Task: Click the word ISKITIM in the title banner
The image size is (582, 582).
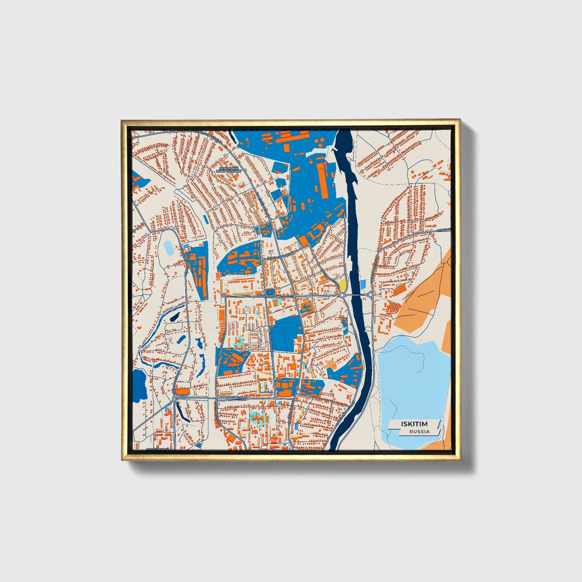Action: pyautogui.click(x=414, y=424)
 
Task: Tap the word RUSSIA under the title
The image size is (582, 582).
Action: pyautogui.click(x=419, y=431)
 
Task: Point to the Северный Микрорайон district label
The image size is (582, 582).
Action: pyautogui.click(x=229, y=169)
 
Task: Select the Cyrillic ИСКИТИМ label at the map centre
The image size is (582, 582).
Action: pyautogui.click(x=265, y=296)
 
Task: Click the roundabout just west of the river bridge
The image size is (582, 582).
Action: pyautogui.click(x=342, y=295)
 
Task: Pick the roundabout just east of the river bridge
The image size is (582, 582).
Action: pyautogui.click(x=370, y=295)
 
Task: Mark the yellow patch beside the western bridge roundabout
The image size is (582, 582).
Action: pyautogui.click(x=342, y=285)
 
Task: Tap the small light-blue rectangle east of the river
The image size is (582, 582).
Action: pyautogui.click(x=363, y=284)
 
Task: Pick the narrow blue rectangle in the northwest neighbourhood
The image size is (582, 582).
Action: pyautogui.click(x=206, y=219)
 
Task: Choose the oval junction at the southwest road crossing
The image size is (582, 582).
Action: pyautogui.click(x=173, y=398)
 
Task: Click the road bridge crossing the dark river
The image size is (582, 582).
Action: pyautogui.click(x=356, y=295)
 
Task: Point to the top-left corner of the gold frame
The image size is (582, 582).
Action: pyautogui.click(x=122, y=120)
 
